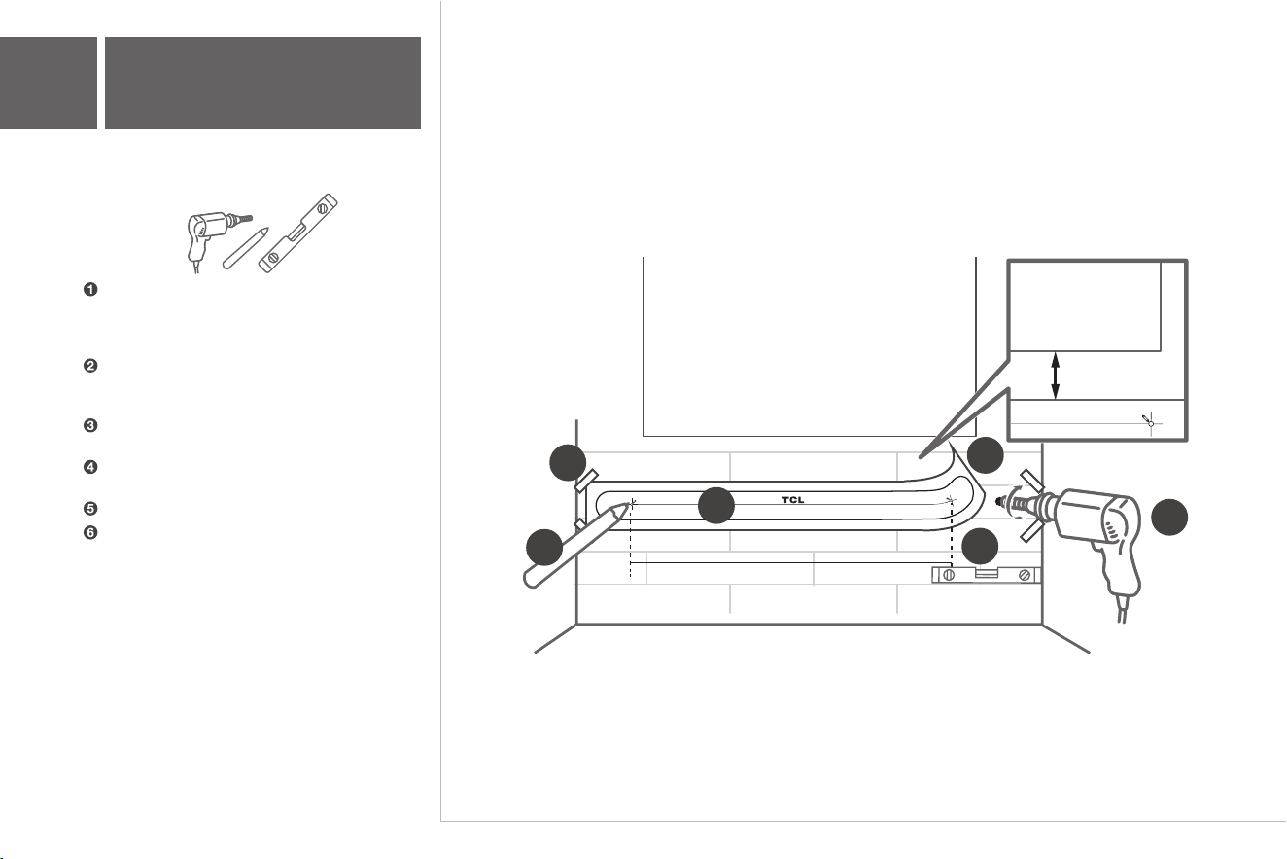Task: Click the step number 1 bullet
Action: tap(90, 289)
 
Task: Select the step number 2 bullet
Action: tap(90, 366)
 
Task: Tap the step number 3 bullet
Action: tap(90, 425)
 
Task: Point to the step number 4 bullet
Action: tap(90, 467)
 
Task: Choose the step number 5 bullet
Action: tap(90, 509)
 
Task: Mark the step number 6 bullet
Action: tap(90, 533)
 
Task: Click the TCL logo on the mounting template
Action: tap(793, 500)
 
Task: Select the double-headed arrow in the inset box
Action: tap(1055, 376)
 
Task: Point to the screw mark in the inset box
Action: tap(1148, 421)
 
